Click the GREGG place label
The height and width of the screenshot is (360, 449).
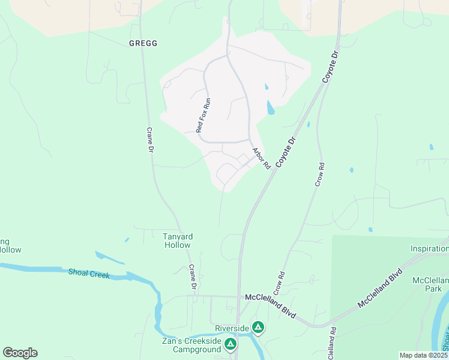coord(143,43)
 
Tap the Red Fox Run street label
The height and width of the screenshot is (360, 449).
coord(203,115)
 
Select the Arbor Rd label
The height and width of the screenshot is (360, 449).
coord(261,158)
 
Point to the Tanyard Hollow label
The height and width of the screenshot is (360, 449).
coord(177,241)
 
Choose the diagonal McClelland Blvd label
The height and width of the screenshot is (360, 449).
coord(379,288)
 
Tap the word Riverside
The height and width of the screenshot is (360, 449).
coord(232,328)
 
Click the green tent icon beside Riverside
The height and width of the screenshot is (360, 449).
coord(258,327)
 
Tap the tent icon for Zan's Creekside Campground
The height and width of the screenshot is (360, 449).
coord(231,344)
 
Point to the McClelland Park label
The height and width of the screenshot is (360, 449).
coord(430,284)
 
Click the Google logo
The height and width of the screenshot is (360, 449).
coord(20,353)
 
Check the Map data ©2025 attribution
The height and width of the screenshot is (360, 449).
coord(424,355)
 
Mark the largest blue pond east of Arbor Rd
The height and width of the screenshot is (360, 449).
coord(271,108)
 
